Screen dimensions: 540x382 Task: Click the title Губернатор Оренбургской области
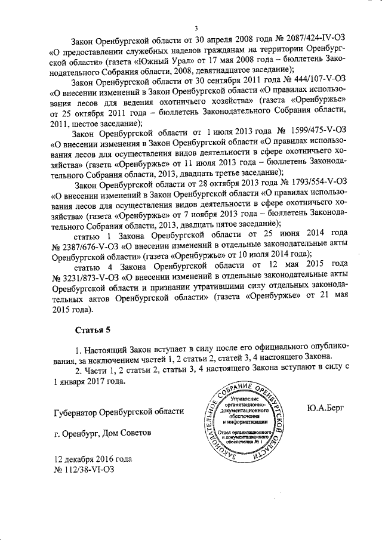(119, 412)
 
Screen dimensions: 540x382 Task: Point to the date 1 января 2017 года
(90, 382)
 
